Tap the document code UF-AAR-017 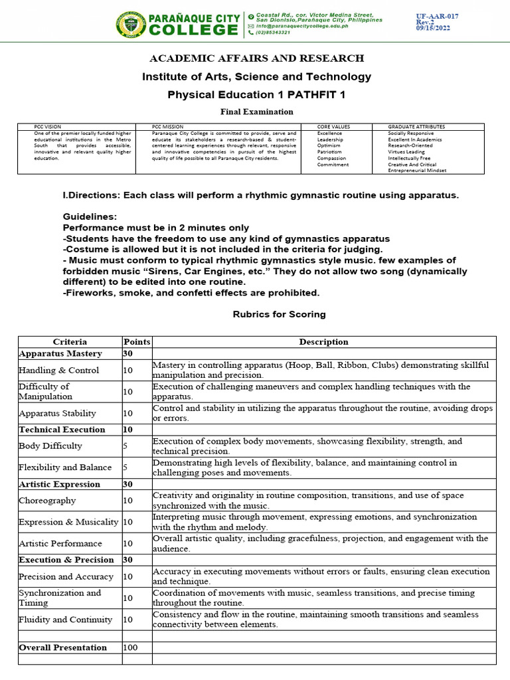[437, 16]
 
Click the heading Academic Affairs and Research [256, 58]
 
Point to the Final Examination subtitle [256, 112]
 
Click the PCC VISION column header [47, 126]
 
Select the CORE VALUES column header [333, 126]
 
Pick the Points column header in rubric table [137, 342]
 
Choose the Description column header [323, 342]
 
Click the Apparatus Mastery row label [60, 354]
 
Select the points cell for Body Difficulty [126, 446]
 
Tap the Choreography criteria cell [47, 501]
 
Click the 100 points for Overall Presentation [131, 647]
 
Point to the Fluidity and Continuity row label [66, 620]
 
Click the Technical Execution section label [62, 430]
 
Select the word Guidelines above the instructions [90, 217]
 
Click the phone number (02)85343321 [276, 33]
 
